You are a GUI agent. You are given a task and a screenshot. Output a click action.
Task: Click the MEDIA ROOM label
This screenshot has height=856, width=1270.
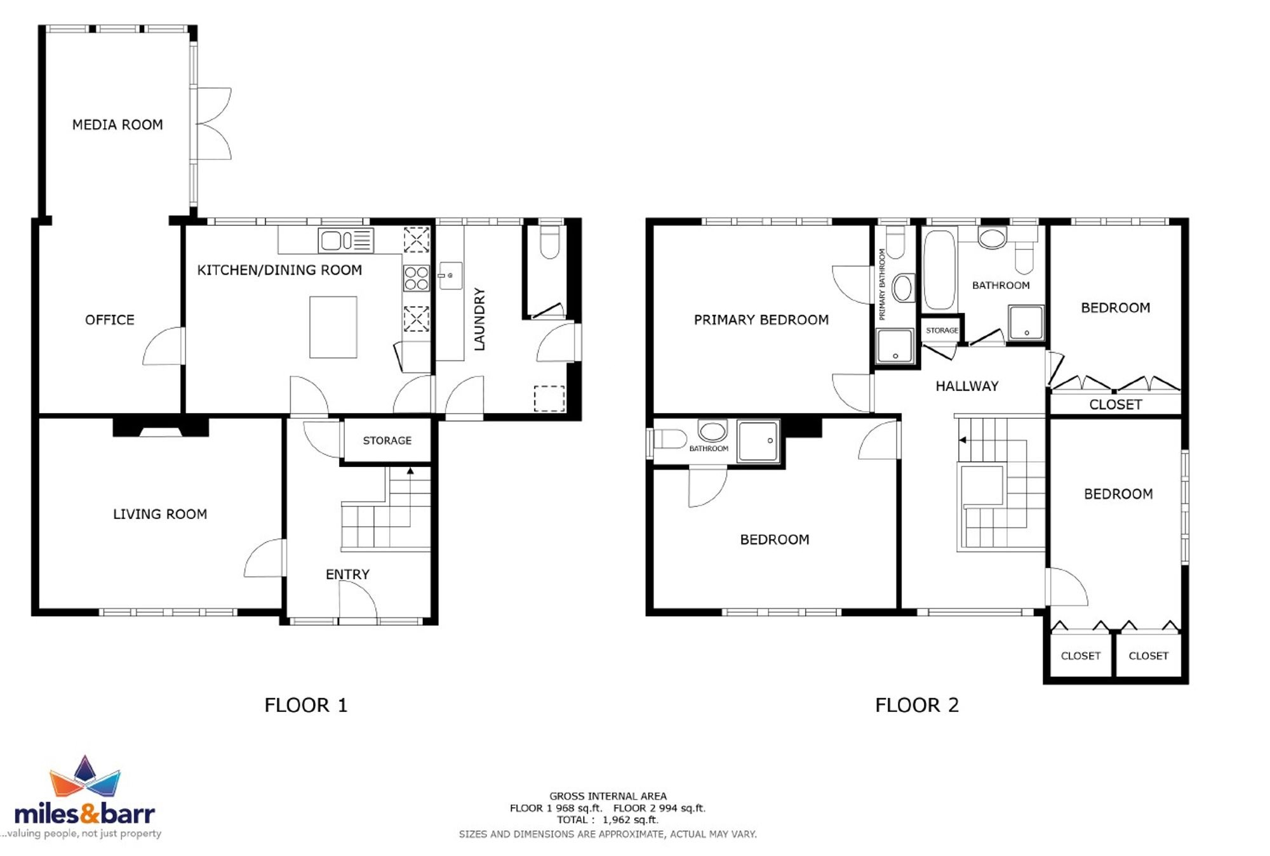click(117, 125)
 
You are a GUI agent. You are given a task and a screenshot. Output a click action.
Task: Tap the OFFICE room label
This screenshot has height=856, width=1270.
click(110, 320)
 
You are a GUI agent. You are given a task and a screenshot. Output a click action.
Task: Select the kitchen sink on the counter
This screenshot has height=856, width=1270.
click(345, 240)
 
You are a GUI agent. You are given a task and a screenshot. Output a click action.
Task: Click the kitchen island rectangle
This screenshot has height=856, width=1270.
click(333, 327)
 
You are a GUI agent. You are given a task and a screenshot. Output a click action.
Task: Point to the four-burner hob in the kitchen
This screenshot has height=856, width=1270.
click(416, 278)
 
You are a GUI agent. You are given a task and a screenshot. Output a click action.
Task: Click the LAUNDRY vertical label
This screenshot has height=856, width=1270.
click(479, 319)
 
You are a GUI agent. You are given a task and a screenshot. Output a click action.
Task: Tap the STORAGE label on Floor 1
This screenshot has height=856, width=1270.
click(387, 440)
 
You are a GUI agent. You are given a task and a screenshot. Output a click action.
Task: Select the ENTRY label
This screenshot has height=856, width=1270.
click(347, 574)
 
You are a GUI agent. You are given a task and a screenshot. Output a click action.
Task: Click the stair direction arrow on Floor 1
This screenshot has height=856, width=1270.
click(410, 470)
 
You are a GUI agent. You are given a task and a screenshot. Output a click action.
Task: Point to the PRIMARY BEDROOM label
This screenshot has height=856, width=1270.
click(761, 320)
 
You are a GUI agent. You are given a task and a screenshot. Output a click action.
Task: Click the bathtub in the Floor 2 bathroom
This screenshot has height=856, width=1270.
click(939, 270)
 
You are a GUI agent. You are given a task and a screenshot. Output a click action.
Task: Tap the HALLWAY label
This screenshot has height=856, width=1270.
click(967, 386)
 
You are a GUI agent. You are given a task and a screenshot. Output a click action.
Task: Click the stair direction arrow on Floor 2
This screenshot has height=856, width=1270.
click(963, 440)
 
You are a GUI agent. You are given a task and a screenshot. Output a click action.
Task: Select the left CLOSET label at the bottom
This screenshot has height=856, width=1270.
click(1081, 656)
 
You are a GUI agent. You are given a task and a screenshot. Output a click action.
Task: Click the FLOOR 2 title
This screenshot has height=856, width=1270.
click(917, 705)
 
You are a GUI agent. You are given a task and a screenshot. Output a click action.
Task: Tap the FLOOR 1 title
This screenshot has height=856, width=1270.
click(306, 705)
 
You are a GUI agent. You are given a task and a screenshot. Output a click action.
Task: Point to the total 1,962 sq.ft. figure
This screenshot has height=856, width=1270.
click(631, 820)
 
